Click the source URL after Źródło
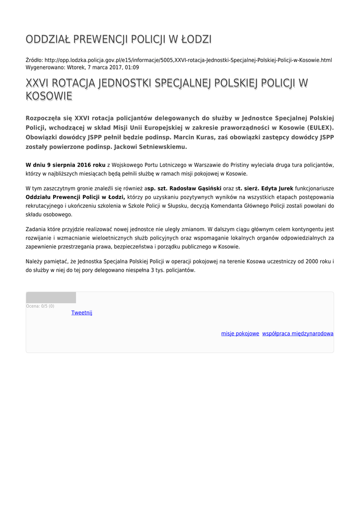188,60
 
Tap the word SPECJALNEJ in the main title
180,83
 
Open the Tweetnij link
81,313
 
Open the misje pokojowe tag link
240,334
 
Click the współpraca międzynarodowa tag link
298,334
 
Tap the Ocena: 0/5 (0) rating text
40,306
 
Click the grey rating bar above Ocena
51,298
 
